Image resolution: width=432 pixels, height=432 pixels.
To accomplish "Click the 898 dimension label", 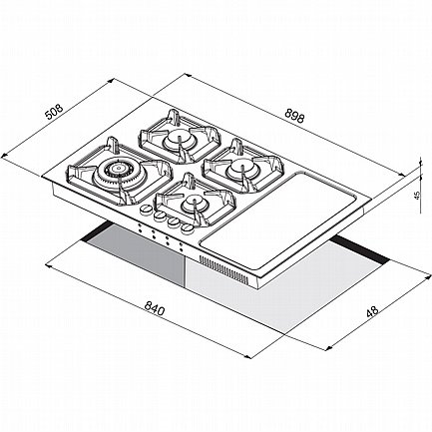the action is click(294, 117).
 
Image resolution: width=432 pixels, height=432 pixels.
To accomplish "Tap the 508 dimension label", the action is click(54, 112).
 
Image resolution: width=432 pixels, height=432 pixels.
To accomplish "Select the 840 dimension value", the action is click(154, 309).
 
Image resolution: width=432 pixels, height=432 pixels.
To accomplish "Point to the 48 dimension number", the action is click(372, 311).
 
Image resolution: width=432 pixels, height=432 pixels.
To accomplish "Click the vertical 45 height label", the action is click(418, 195).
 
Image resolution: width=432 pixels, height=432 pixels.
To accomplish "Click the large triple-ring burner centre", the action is click(117, 169).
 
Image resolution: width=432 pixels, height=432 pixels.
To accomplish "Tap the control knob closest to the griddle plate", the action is click(188, 228).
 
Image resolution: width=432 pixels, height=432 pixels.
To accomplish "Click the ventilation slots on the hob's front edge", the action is click(223, 269).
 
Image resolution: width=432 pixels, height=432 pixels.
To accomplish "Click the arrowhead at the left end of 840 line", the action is click(48, 265).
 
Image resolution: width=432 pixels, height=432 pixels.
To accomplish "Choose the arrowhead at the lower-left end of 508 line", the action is click(4, 154).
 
